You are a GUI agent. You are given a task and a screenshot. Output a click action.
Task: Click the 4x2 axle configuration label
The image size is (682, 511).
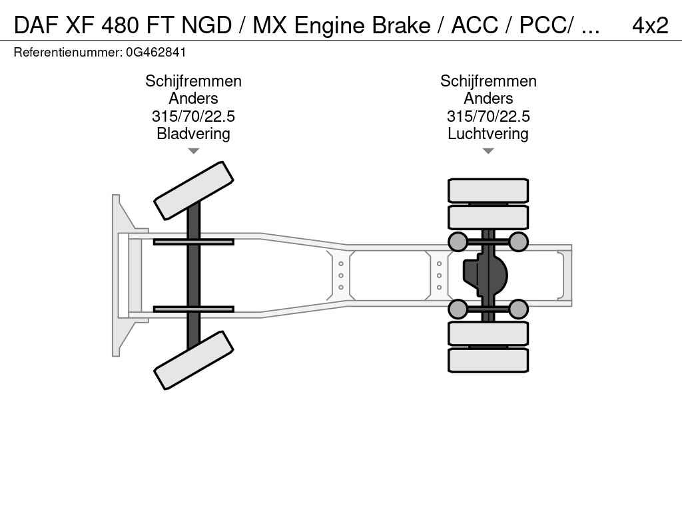649,25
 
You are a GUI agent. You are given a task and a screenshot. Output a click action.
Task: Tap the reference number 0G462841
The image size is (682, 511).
156,52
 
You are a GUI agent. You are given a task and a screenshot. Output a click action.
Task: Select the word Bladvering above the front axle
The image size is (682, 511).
193,134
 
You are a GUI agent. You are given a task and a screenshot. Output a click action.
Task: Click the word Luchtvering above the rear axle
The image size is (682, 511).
488,134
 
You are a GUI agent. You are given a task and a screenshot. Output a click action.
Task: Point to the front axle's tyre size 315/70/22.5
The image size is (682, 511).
193,116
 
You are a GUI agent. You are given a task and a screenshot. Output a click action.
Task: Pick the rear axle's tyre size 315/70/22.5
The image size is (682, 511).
488,116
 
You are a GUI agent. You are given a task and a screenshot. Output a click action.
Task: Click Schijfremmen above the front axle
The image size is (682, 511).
193,81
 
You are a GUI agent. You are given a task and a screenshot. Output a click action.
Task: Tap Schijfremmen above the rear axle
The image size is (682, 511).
488,81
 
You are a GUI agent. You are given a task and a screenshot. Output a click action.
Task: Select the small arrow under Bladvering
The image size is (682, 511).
193,151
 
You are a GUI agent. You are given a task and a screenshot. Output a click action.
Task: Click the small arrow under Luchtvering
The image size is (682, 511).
488,151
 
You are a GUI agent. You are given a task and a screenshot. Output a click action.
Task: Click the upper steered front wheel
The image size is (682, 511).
194,190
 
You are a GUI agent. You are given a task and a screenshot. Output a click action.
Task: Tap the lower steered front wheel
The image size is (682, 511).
194,360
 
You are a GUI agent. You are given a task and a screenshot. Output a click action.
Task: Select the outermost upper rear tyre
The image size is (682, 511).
488,190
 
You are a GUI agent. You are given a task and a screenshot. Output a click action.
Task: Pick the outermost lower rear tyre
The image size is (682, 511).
488,360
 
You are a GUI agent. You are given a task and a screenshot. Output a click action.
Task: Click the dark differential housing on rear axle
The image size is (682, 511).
485,275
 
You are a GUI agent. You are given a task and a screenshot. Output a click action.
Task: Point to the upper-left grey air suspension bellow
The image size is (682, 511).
458,242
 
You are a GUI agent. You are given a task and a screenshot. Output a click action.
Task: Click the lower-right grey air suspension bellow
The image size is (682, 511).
518,309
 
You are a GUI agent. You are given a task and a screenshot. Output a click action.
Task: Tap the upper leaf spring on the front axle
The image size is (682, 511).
193,242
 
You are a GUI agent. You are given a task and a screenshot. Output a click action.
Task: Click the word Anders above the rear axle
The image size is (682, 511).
488,98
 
